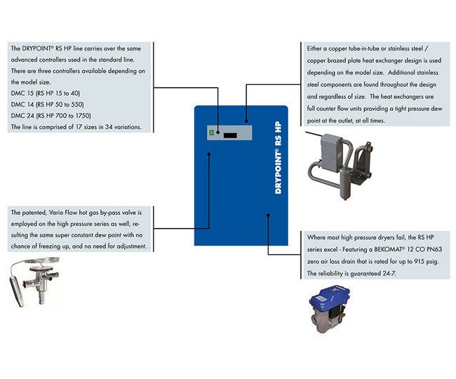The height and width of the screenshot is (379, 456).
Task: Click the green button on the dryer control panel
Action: (210, 132)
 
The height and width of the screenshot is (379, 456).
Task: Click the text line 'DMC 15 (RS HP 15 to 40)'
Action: (46, 93)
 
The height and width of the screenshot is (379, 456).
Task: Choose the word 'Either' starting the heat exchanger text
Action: (316, 49)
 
